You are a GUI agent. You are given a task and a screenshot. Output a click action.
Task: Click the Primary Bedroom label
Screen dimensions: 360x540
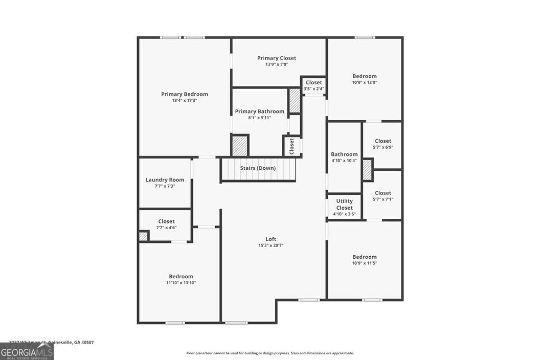click(x=185, y=94)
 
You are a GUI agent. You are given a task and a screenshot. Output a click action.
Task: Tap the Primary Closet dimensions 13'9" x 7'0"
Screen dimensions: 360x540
click(x=276, y=64)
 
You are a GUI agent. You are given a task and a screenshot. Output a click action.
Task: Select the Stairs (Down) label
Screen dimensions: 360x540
click(x=258, y=168)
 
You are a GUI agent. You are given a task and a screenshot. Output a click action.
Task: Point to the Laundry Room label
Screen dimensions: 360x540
click(x=165, y=180)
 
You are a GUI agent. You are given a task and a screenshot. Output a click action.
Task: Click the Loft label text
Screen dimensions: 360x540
click(x=271, y=239)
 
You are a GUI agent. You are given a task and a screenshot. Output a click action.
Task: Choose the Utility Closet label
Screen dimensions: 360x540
click(x=344, y=205)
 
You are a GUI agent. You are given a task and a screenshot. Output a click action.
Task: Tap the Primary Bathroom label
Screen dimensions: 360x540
click(x=259, y=111)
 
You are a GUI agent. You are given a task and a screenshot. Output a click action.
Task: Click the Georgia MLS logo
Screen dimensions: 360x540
click(x=27, y=351)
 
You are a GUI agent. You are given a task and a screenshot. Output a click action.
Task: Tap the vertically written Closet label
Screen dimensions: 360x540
click(x=292, y=146)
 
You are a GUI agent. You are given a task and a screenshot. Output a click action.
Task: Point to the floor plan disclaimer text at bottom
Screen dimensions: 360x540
click(x=270, y=353)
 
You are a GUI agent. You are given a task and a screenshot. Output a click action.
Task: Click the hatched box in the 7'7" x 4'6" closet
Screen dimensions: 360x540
click(x=143, y=236)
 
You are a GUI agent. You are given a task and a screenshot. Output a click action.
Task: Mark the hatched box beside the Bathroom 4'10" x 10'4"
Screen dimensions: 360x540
click(x=368, y=170)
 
